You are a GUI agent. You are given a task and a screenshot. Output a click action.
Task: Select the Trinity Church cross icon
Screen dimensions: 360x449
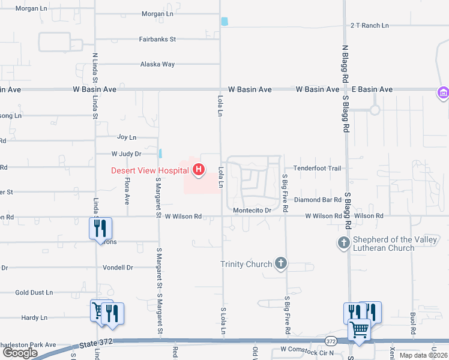tap(280, 263)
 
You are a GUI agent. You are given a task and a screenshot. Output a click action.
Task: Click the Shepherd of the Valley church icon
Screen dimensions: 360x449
tap(343, 242)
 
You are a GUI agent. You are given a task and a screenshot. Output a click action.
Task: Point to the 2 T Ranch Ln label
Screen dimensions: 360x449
tap(370, 26)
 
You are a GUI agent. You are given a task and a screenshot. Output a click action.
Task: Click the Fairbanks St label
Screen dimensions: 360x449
tap(157, 39)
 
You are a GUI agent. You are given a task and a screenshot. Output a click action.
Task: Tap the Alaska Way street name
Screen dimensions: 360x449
tap(157, 64)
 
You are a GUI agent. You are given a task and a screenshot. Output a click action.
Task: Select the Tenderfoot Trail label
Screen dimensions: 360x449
tap(317, 169)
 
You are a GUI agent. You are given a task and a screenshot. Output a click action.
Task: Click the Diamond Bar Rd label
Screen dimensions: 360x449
tap(318, 200)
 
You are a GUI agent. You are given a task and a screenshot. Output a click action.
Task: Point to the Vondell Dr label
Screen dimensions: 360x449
tap(117, 268)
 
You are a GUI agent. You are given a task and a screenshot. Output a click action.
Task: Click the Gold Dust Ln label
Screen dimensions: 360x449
tap(34, 293)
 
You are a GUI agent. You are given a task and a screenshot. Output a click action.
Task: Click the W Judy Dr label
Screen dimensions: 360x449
tap(126, 154)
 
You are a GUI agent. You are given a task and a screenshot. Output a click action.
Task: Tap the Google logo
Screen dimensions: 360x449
tap(19, 353)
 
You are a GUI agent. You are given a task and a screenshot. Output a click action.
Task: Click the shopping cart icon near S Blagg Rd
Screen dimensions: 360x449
tap(359, 329)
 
